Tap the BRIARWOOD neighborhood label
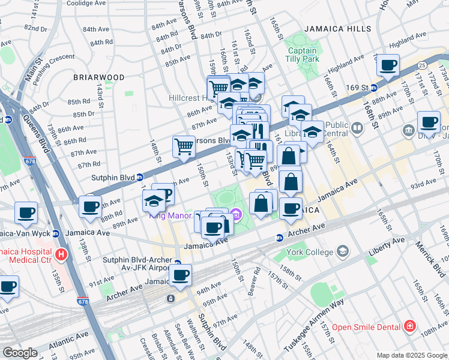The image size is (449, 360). click(99, 77)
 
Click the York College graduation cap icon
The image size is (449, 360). click(343, 250)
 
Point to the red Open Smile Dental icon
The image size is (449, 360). click(410, 326)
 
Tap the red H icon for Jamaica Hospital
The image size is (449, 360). click(60, 255)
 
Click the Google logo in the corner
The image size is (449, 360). click(20, 353)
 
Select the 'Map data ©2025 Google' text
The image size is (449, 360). click(411, 355)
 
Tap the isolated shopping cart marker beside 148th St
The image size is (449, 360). click(184, 146)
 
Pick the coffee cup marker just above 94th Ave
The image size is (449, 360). click(180, 275)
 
